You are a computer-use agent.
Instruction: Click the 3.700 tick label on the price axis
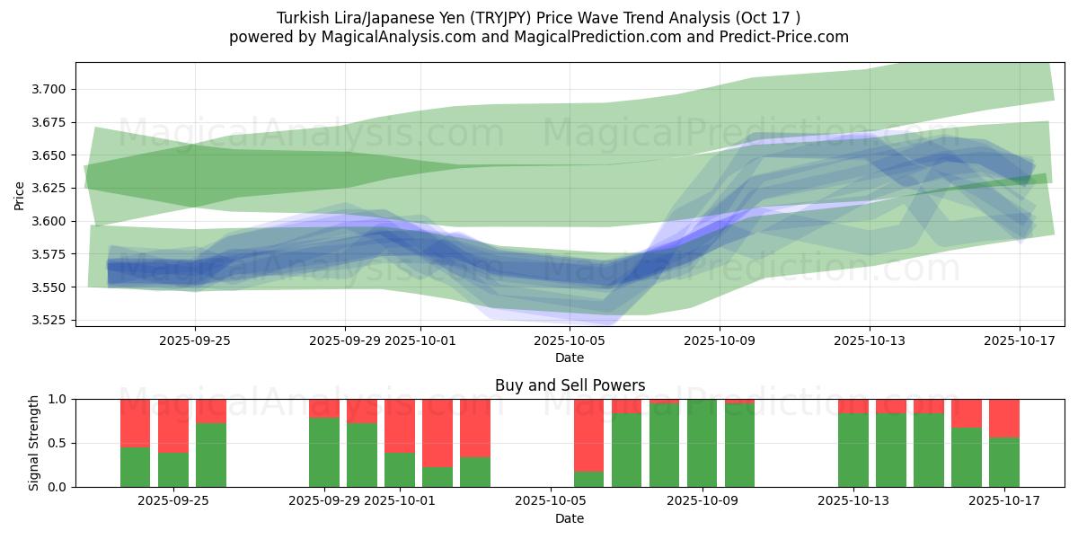coord(50,89)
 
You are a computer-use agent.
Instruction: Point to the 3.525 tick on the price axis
coord(50,320)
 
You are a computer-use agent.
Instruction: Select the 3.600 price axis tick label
coord(50,221)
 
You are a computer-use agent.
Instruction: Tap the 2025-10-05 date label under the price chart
coord(570,341)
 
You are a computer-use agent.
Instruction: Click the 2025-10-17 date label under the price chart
coord(1019,341)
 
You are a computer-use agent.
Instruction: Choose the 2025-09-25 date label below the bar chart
coord(173,502)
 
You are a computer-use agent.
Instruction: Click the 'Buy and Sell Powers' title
coord(570,385)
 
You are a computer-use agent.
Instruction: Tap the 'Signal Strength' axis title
coord(34,443)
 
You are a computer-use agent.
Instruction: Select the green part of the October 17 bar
coord(1004,462)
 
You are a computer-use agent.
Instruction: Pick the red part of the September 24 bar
coord(136,422)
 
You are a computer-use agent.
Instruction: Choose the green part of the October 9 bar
coord(702,443)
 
